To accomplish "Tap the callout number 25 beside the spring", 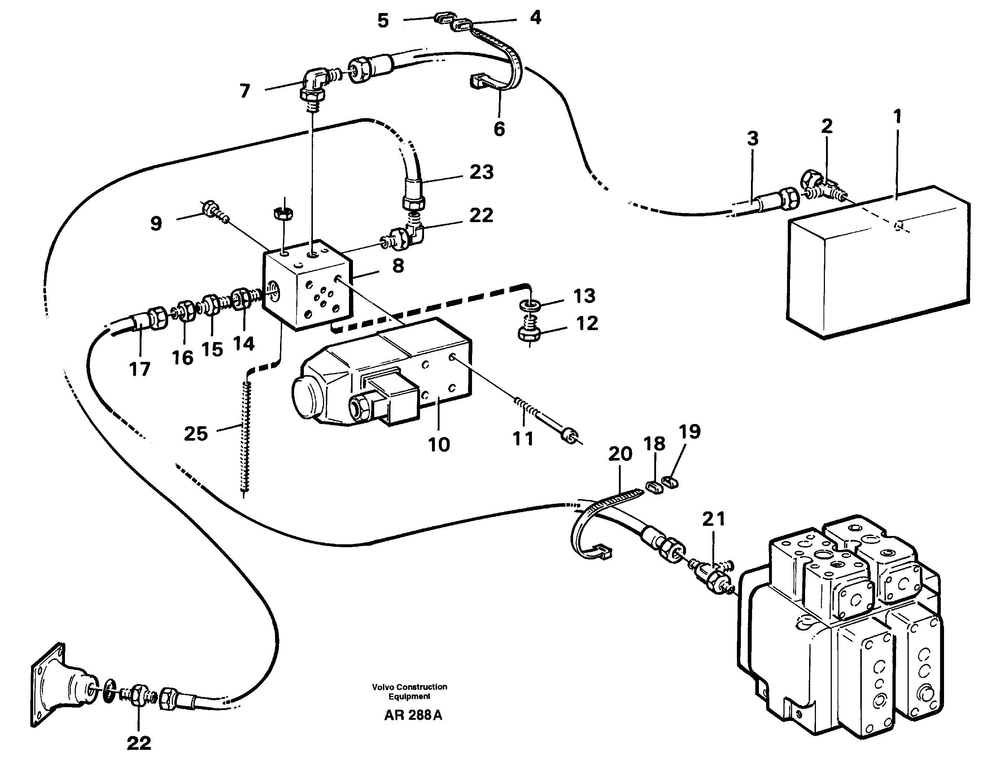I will coord(196,433).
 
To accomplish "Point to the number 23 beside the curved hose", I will coord(482,173).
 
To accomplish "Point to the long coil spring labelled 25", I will coord(247,438).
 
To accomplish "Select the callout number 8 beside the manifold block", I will coord(398,265).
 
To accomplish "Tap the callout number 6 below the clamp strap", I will coord(499,129).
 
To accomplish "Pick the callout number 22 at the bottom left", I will coord(139,743).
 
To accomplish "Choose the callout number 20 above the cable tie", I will coord(620,454).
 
